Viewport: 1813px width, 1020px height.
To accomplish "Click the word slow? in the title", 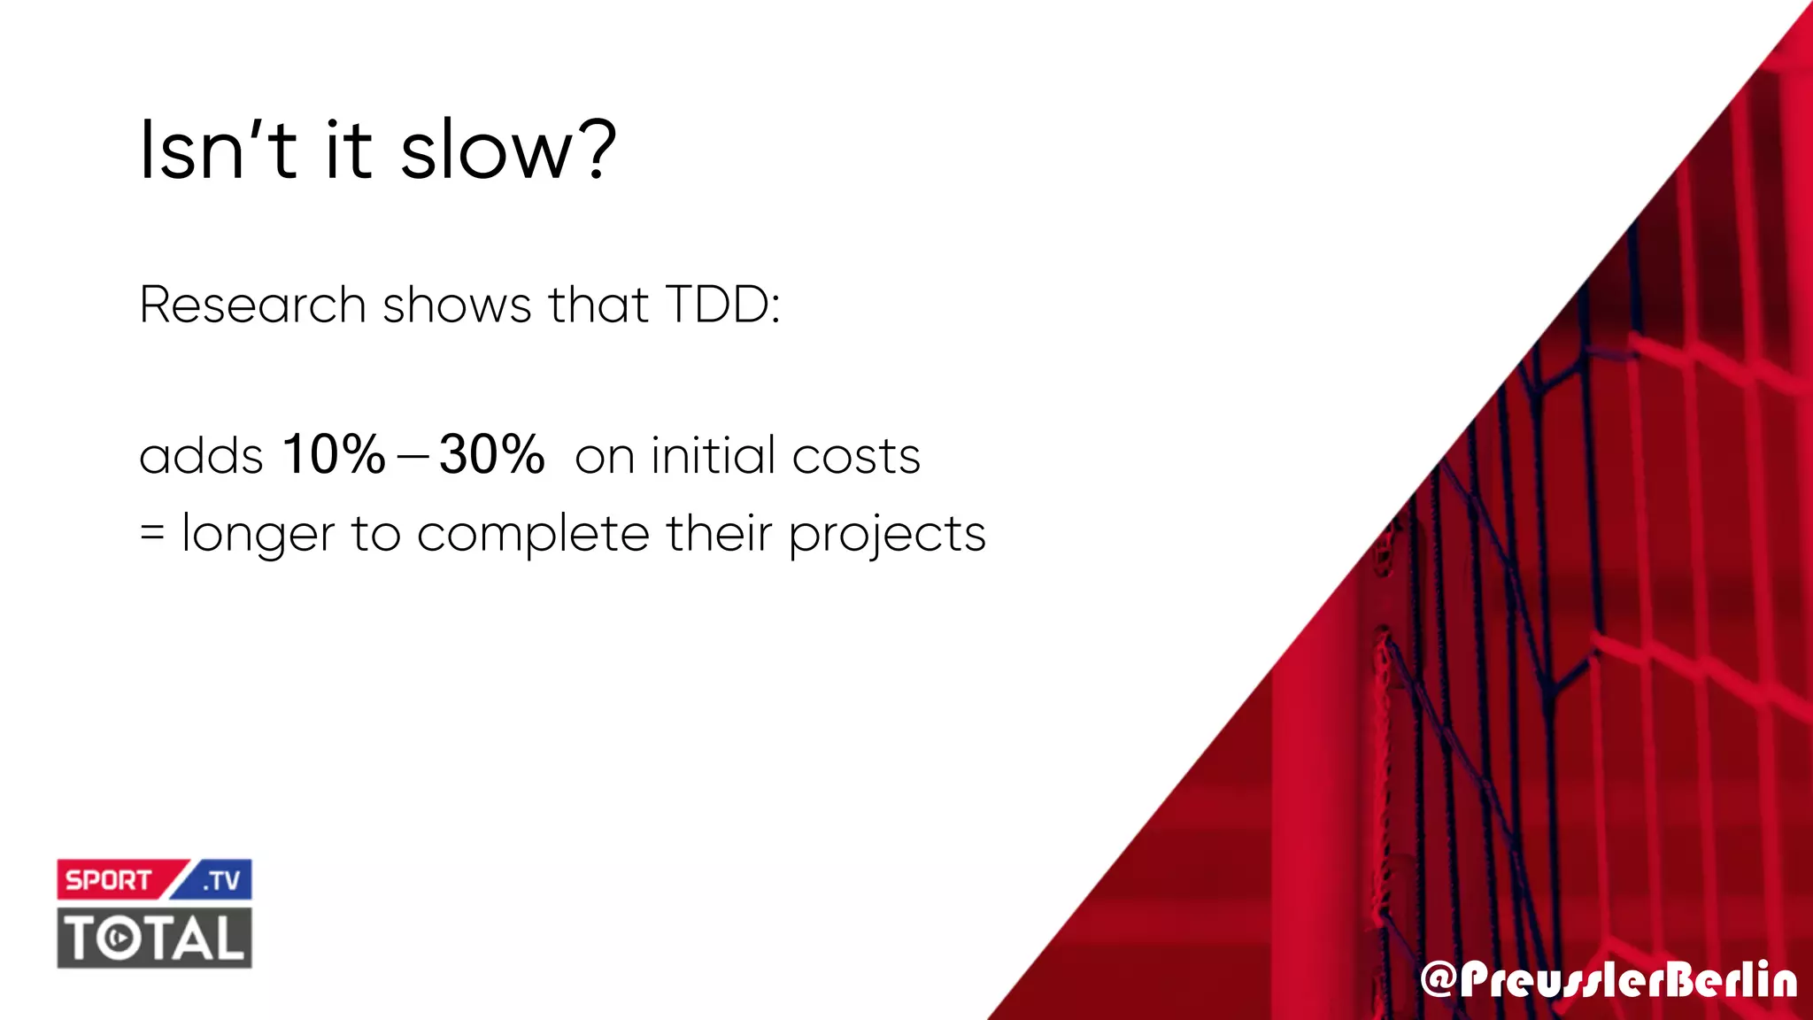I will click(508, 151).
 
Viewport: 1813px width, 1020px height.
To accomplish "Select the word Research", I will click(252, 305).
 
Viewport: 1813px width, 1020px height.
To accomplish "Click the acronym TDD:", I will click(722, 305).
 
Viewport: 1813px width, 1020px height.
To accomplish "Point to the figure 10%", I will click(334, 455).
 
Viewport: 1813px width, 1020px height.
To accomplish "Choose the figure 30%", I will click(491, 455).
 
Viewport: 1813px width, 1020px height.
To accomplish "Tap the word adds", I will click(201, 457).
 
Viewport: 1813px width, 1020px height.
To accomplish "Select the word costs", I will click(856, 457).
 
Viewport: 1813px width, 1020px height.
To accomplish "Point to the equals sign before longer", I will click(152, 534).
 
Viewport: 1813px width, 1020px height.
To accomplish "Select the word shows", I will click(456, 305).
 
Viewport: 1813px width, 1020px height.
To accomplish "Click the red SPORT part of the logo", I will click(110, 880).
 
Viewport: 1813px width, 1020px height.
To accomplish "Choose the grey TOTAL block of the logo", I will click(155, 939).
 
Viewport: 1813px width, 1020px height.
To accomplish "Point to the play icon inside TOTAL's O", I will click(118, 939).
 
